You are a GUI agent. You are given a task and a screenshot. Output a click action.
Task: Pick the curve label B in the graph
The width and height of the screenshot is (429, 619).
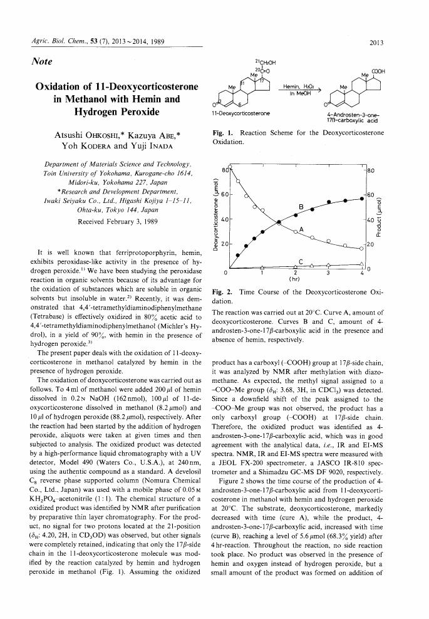coord(301,206)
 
